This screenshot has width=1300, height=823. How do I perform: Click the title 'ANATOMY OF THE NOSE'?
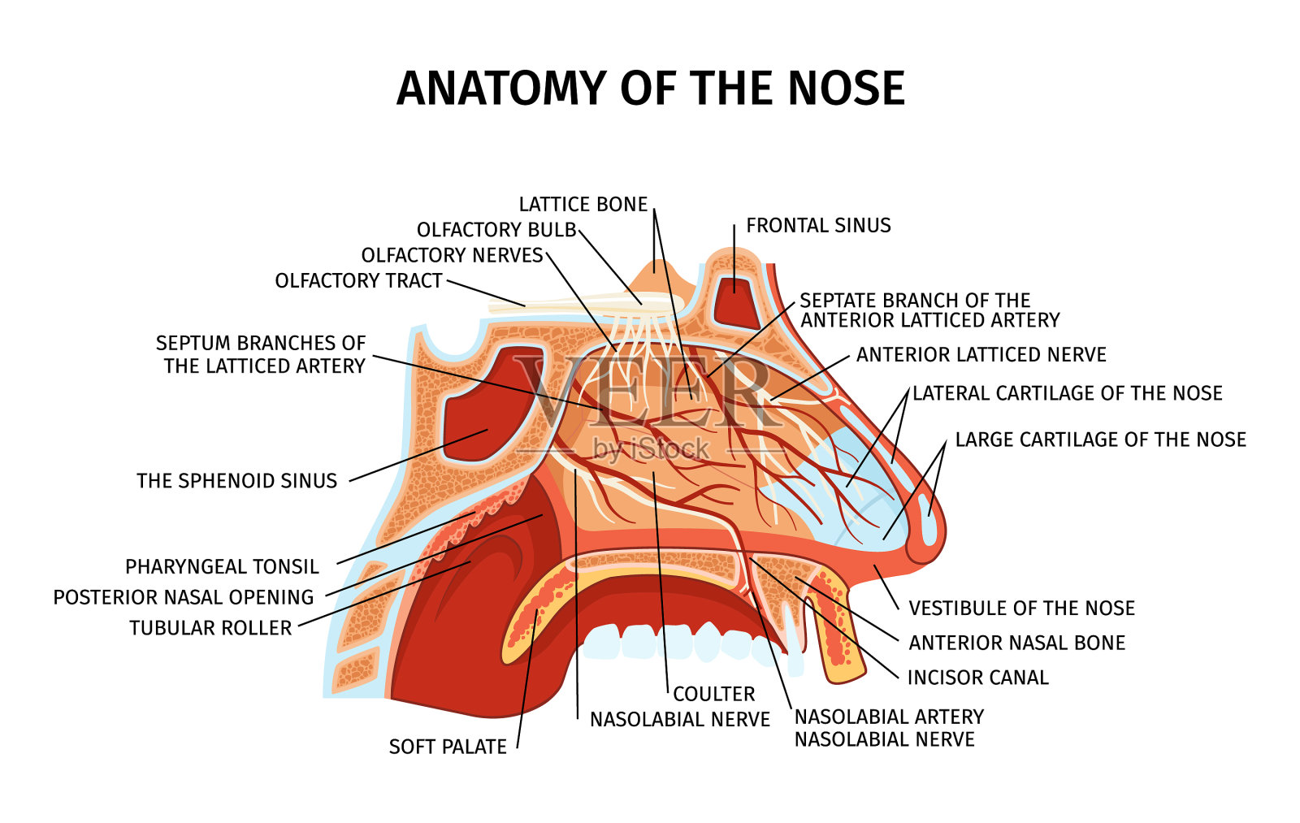point(650,89)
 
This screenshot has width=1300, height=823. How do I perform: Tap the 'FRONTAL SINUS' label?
point(818,226)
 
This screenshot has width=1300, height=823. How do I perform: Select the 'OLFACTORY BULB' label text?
point(496,231)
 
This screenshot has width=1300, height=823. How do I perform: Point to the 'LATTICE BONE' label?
point(583,205)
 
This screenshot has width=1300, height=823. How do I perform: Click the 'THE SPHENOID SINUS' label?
point(236,481)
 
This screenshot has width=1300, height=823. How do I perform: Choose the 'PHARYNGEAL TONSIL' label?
point(222,566)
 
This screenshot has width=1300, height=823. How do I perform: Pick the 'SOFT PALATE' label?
point(448,747)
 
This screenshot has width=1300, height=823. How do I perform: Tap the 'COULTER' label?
point(714,695)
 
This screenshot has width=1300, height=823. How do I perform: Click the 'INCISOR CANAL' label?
point(977,678)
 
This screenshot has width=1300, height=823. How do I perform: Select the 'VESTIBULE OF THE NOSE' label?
point(1021,609)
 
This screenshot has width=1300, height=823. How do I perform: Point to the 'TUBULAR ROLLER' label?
point(210,628)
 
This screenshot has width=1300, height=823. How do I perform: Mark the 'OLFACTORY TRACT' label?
point(358,281)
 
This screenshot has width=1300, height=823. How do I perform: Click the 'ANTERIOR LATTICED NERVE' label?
point(981,355)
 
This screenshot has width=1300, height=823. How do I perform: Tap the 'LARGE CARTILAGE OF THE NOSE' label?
point(1100,440)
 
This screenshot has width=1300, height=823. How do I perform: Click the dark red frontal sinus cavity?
point(734,297)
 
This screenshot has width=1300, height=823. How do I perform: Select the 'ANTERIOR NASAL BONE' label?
point(1016,643)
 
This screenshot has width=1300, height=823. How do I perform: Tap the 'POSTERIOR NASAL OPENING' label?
point(184,597)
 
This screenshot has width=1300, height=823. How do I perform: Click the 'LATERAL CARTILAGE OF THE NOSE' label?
point(1067,394)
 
